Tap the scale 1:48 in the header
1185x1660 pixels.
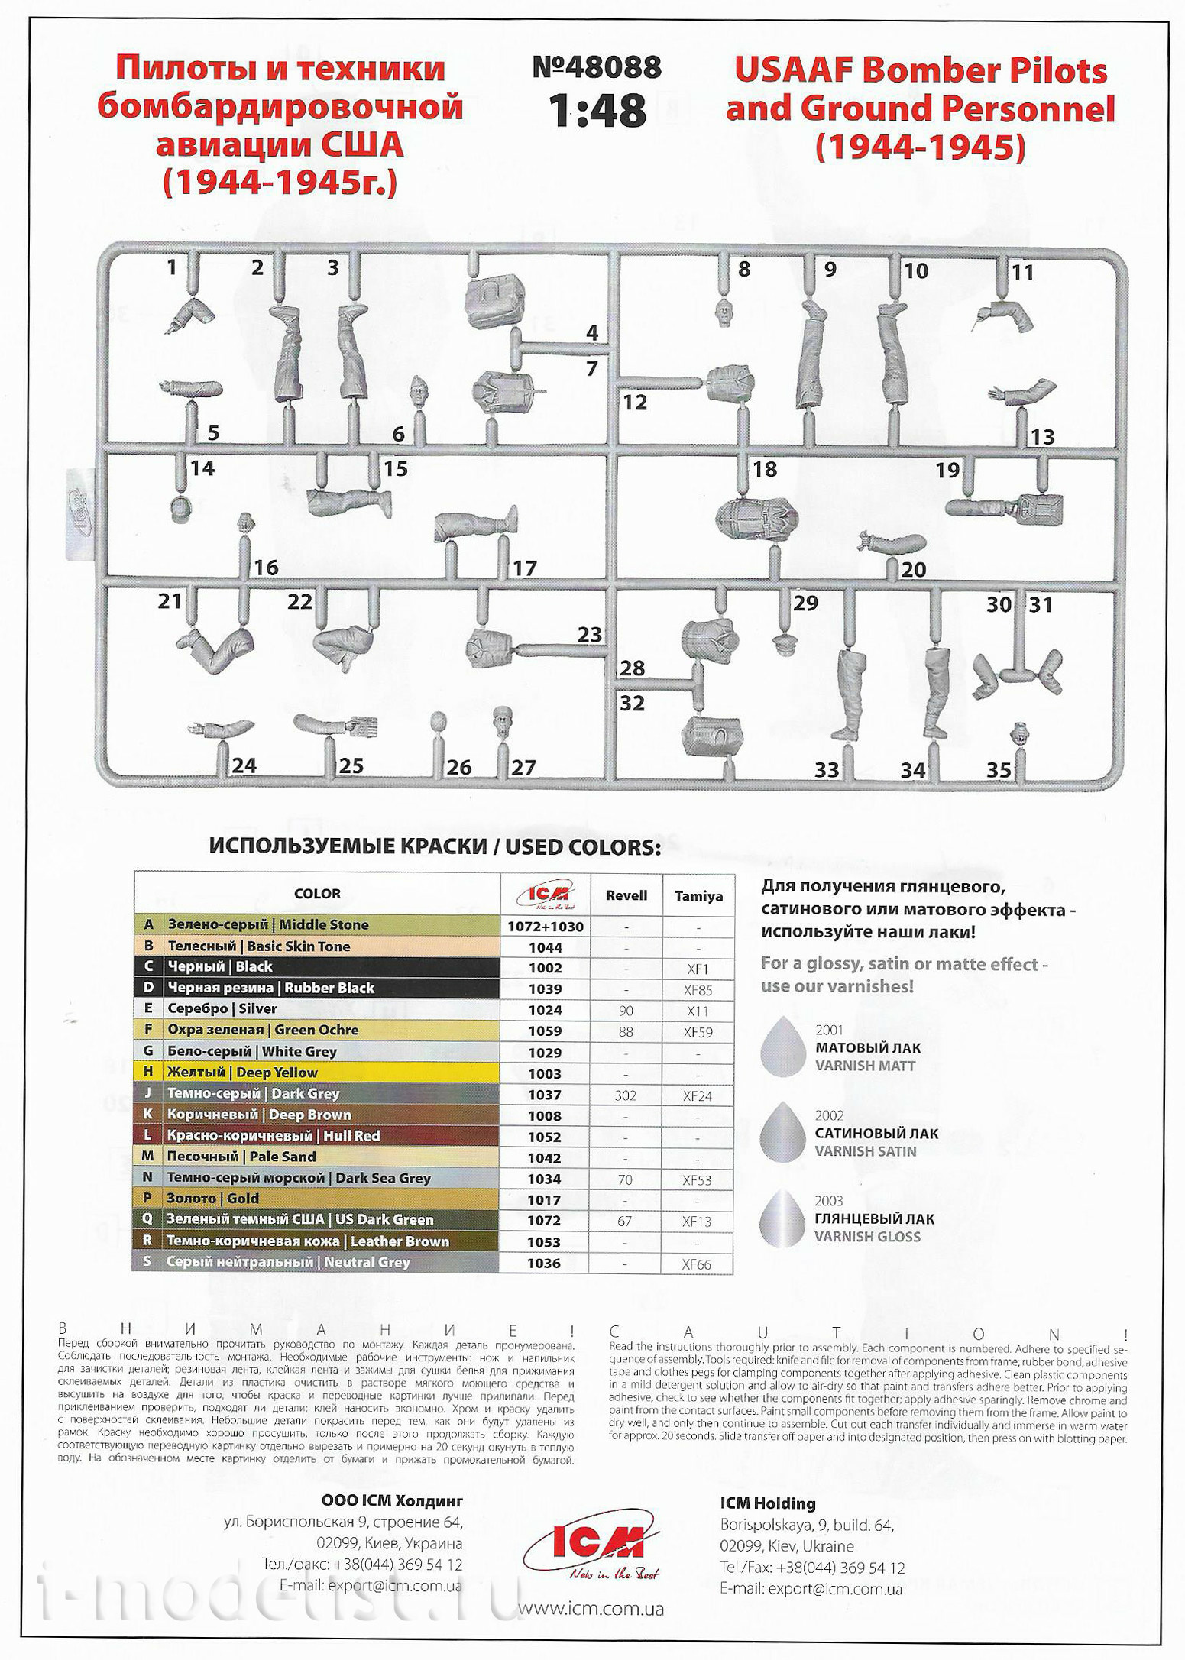point(597,111)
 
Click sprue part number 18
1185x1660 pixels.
point(764,469)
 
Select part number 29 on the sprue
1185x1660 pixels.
point(805,603)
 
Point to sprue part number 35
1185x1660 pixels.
point(999,770)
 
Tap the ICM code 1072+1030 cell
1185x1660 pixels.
point(546,927)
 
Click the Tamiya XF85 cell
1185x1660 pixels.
point(698,990)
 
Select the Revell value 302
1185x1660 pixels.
point(625,1095)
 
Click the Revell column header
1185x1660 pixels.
point(626,895)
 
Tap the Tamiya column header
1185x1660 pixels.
point(698,896)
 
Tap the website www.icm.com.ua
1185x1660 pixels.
point(591,1608)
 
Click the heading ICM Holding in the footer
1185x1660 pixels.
point(768,1503)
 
